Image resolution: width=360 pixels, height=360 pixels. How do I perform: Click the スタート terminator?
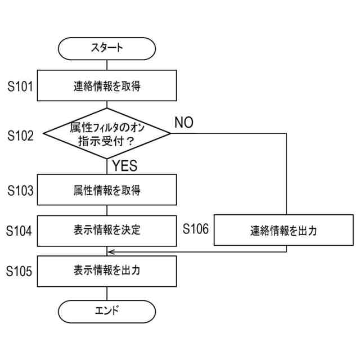point(107,48)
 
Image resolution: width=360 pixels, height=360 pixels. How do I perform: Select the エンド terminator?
point(107,310)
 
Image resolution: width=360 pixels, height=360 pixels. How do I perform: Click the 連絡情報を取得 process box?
point(107,87)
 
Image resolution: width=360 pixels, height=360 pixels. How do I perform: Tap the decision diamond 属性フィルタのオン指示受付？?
point(107,133)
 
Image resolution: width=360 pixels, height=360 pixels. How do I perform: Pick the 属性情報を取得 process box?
point(107,190)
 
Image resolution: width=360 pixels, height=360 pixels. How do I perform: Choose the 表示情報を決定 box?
point(107,230)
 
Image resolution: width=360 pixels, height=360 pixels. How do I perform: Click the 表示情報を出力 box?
point(107,270)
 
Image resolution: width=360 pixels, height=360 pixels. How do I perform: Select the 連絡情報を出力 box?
point(283,231)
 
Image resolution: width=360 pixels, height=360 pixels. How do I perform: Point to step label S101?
point(21,87)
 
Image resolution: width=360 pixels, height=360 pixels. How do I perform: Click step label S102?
point(21,135)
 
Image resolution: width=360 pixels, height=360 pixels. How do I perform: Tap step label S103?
point(21,191)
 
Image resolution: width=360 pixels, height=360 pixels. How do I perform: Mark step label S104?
point(21,231)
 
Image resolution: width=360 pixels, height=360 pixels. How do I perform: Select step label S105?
point(21,271)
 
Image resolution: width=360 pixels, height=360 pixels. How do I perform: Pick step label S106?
point(196,228)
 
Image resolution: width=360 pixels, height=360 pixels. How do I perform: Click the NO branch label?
point(184,123)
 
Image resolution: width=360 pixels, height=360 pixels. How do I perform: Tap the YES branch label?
point(125,166)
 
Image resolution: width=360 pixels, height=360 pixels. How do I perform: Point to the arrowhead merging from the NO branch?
point(111,251)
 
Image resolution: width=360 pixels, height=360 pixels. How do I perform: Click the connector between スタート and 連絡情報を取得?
point(107,66)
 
